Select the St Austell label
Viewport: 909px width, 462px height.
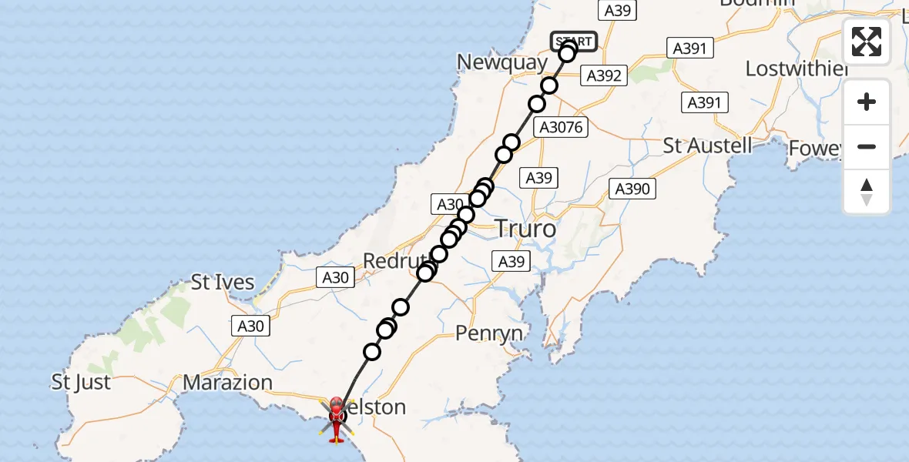tap(707, 146)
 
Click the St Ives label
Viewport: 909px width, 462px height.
tap(223, 283)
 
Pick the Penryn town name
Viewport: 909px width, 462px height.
tap(488, 333)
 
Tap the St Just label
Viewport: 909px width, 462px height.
tap(81, 382)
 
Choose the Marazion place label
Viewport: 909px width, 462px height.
tap(228, 382)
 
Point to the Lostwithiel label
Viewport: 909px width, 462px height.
tap(797, 69)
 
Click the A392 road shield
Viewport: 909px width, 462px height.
tap(604, 75)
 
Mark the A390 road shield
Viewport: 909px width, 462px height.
tap(632, 189)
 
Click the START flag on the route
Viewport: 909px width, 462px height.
tap(574, 42)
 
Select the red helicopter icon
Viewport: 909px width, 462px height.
tap(337, 420)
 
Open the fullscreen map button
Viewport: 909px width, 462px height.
tap(867, 42)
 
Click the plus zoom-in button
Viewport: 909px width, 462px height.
tap(867, 102)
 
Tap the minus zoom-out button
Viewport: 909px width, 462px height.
tap(867, 146)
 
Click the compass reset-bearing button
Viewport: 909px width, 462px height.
tap(867, 191)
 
